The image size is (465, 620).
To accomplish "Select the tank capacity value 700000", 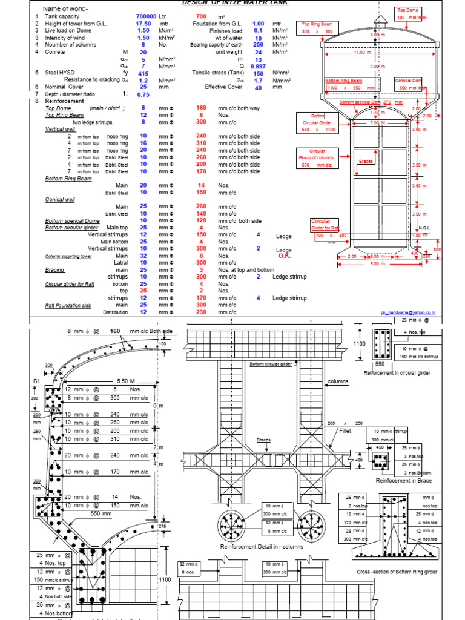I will [x=147, y=16].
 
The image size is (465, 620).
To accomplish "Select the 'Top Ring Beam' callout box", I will [x=317, y=28].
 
